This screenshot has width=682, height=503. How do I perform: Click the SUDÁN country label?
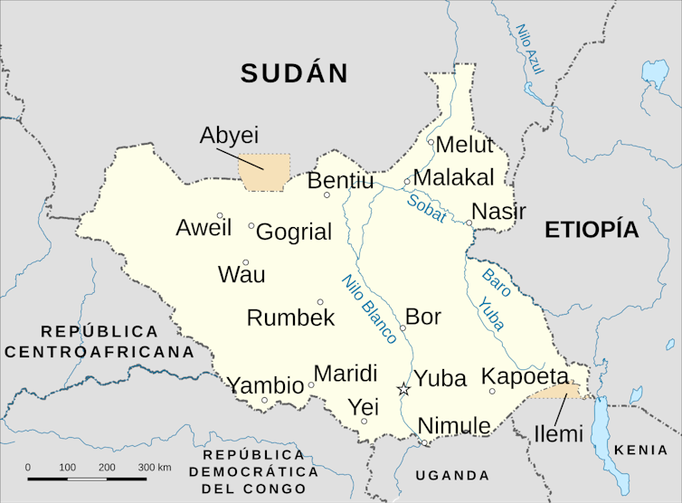pos(295,73)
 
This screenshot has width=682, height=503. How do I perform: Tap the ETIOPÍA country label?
pos(592,230)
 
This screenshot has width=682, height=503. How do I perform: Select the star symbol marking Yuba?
pos(403,389)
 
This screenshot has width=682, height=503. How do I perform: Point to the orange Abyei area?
pos(265,172)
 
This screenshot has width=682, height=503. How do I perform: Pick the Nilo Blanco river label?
pos(369,308)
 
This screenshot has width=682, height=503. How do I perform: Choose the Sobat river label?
pos(426,209)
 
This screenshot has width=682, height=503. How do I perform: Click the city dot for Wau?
pos(245,262)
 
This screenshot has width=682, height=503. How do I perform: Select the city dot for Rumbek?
pos(320,302)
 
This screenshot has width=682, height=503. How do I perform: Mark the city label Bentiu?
pos(340,181)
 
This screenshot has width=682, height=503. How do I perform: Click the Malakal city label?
pos(454,176)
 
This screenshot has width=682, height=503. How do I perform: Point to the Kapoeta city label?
pos(525,376)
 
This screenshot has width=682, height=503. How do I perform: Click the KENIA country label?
pos(641,450)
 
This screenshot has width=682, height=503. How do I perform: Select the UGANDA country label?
pos(452,475)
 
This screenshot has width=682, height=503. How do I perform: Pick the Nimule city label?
pos(454,425)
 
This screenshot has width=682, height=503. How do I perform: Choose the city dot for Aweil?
pos(220,215)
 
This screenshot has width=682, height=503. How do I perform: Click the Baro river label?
pos(496,277)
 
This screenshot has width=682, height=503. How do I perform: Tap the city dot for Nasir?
pos(469,223)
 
